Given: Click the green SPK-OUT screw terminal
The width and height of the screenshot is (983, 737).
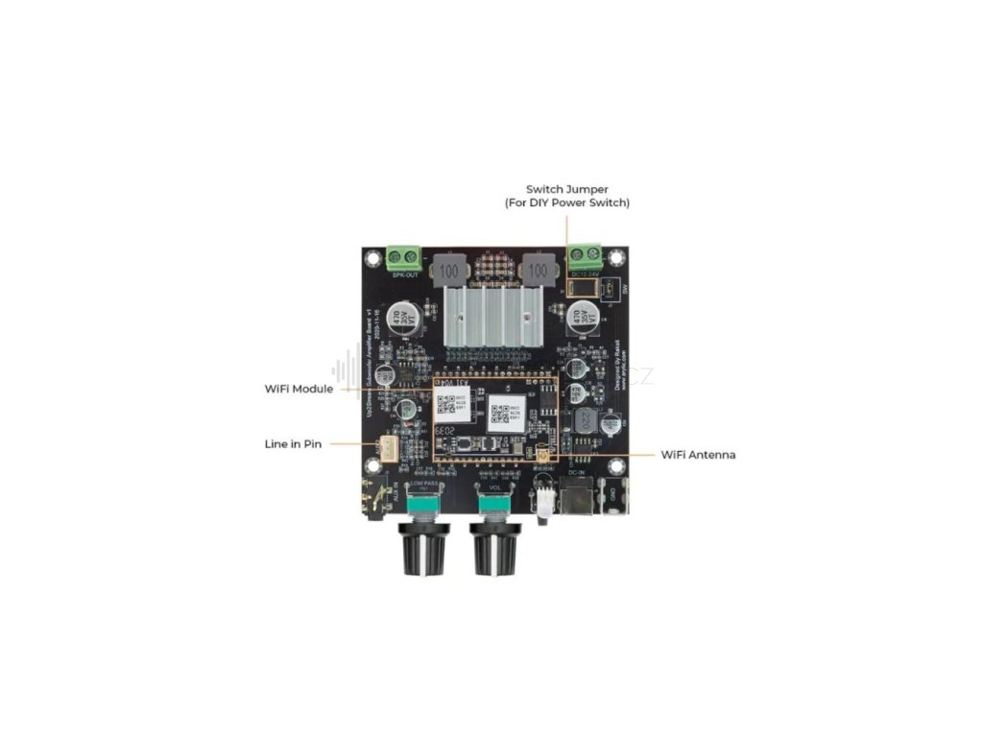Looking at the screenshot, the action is click(404, 257).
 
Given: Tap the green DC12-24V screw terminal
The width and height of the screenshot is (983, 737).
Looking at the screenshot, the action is click(585, 256).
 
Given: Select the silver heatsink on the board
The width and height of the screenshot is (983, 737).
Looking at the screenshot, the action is click(492, 316).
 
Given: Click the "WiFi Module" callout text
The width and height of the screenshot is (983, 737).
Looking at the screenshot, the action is click(299, 390).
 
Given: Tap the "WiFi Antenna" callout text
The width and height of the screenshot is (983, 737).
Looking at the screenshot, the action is click(698, 454).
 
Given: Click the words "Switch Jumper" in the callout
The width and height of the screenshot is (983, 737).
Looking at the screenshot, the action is click(566, 190).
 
